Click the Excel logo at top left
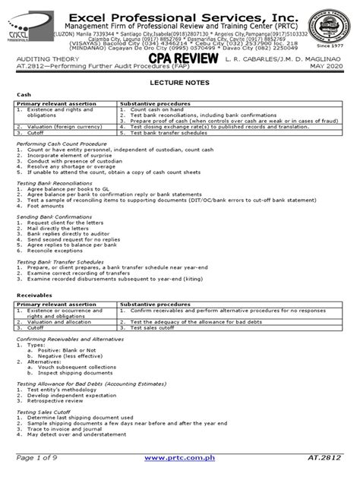pos(24,34)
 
